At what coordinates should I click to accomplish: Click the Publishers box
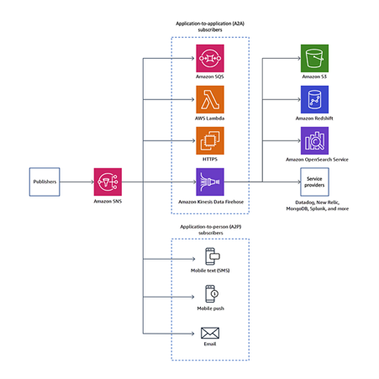coord(45,182)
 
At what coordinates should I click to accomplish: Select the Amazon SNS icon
coord(108,182)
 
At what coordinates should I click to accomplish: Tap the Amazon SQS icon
coord(210,58)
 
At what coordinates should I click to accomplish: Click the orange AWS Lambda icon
coord(210,99)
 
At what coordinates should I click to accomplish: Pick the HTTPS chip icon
coord(210,140)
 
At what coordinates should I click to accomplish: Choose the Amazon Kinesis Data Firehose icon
coord(210,182)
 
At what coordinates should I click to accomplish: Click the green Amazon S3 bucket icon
coord(314,58)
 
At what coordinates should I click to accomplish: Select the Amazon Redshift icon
coord(314,99)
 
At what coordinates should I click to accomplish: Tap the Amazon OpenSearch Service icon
coord(314,140)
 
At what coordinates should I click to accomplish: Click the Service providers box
coord(314,182)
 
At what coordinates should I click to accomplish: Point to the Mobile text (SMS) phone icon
coord(213,256)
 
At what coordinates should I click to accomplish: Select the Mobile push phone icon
coord(212,294)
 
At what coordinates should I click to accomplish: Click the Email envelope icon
coord(210,333)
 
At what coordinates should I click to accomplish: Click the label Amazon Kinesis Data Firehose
coord(211,202)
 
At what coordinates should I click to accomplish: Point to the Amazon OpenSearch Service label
coord(317,160)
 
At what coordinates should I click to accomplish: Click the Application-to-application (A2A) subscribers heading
coord(210,27)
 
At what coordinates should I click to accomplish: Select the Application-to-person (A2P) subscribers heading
coord(211,229)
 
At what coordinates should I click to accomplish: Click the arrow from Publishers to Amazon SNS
coord(76,182)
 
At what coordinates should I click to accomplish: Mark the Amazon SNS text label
coord(108,201)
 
